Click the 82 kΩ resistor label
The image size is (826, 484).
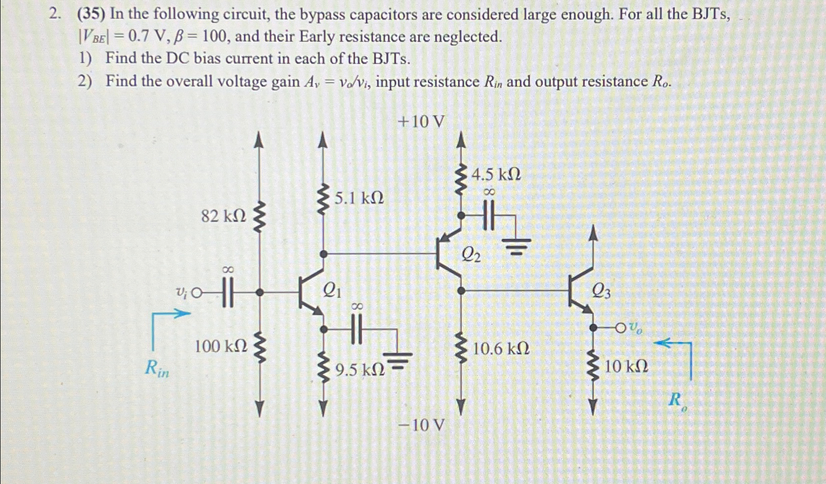(223, 216)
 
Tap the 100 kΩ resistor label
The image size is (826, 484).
(220, 346)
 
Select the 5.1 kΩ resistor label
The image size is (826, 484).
(359, 198)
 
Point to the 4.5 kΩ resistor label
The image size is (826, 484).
(496, 174)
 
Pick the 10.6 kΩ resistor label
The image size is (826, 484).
(501, 348)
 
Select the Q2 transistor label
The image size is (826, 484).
(471, 255)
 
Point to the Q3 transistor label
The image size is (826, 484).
(601, 291)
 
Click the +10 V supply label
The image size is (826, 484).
(420, 121)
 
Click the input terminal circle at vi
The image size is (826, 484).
(197, 293)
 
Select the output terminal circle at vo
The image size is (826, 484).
(620, 328)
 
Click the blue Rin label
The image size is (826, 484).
(157, 368)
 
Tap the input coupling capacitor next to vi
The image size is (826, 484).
(227, 293)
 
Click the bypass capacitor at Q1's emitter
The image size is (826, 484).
(357, 329)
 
